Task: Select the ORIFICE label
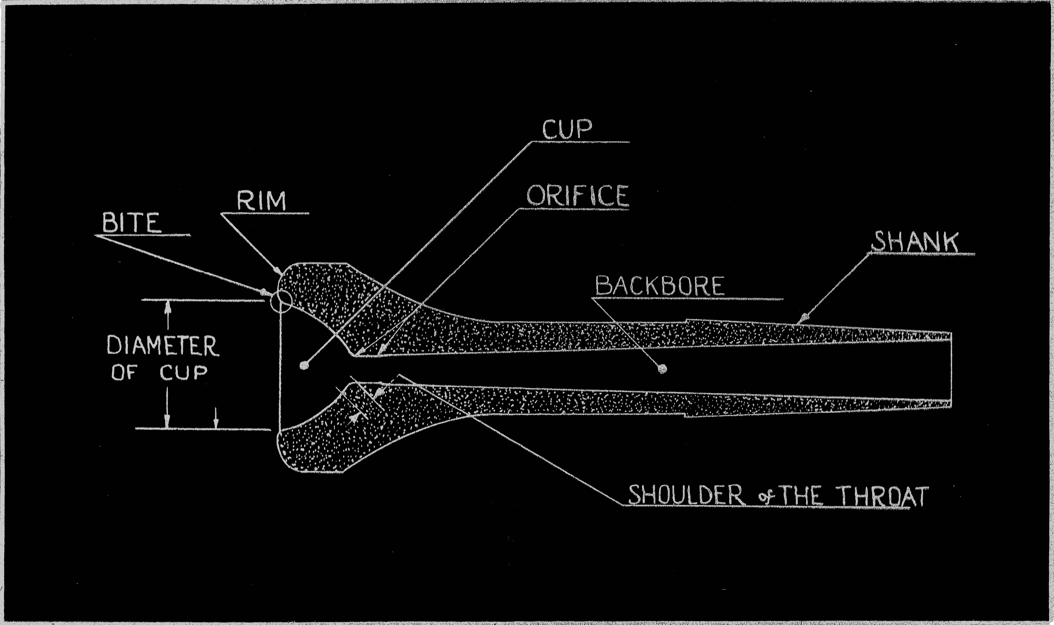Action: coord(578,196)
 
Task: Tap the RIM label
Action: coord(261,201)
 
